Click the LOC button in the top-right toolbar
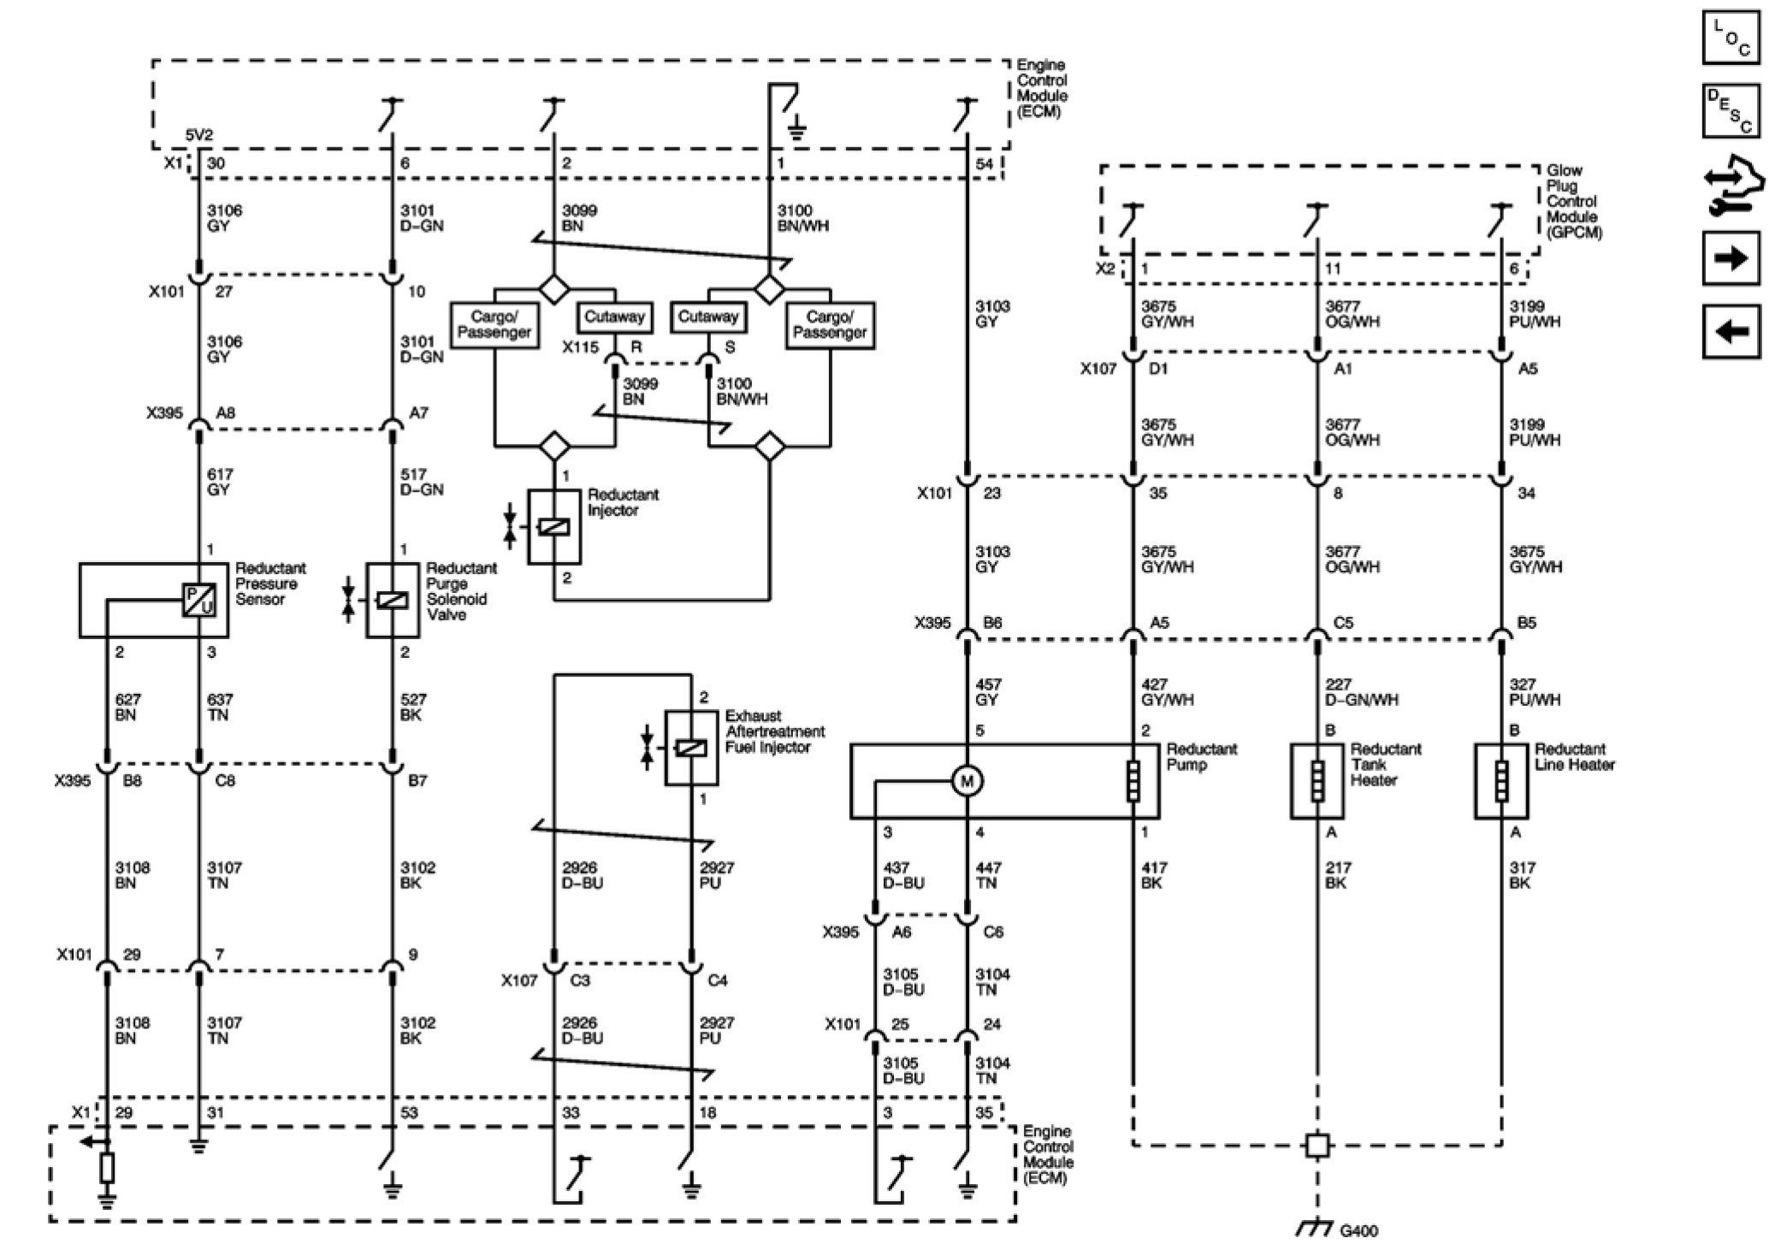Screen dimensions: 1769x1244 (x=1731, y=39)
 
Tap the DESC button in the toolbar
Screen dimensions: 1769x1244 (x=1731, y=110)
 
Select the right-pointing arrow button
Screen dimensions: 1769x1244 (x=1731, y=258)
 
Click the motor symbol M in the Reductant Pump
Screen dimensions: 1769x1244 (x=967, y=780)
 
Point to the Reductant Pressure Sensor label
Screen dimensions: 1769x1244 (x=270, y=583)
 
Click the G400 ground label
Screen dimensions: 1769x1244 (x=1358, y=1231)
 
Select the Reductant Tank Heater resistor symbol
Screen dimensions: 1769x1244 (x=1317, y=780)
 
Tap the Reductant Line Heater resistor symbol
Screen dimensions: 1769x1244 (x=1501, y=780)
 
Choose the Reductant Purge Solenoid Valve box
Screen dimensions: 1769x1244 (x=393, y=601)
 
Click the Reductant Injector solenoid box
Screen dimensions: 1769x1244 (x=554, y=527)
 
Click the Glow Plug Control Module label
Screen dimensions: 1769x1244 (x=1573, y=201)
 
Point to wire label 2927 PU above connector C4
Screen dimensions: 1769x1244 (x=716, y=875)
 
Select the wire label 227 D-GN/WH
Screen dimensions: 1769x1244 (x=1362, y=692)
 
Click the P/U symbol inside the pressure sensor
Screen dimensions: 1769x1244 (x=198, y=601)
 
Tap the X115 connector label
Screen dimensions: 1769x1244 (x=580, y=347)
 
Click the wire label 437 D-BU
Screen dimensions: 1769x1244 (x=903, y=875)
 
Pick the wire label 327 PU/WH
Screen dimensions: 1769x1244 (x=1535, y=692)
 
